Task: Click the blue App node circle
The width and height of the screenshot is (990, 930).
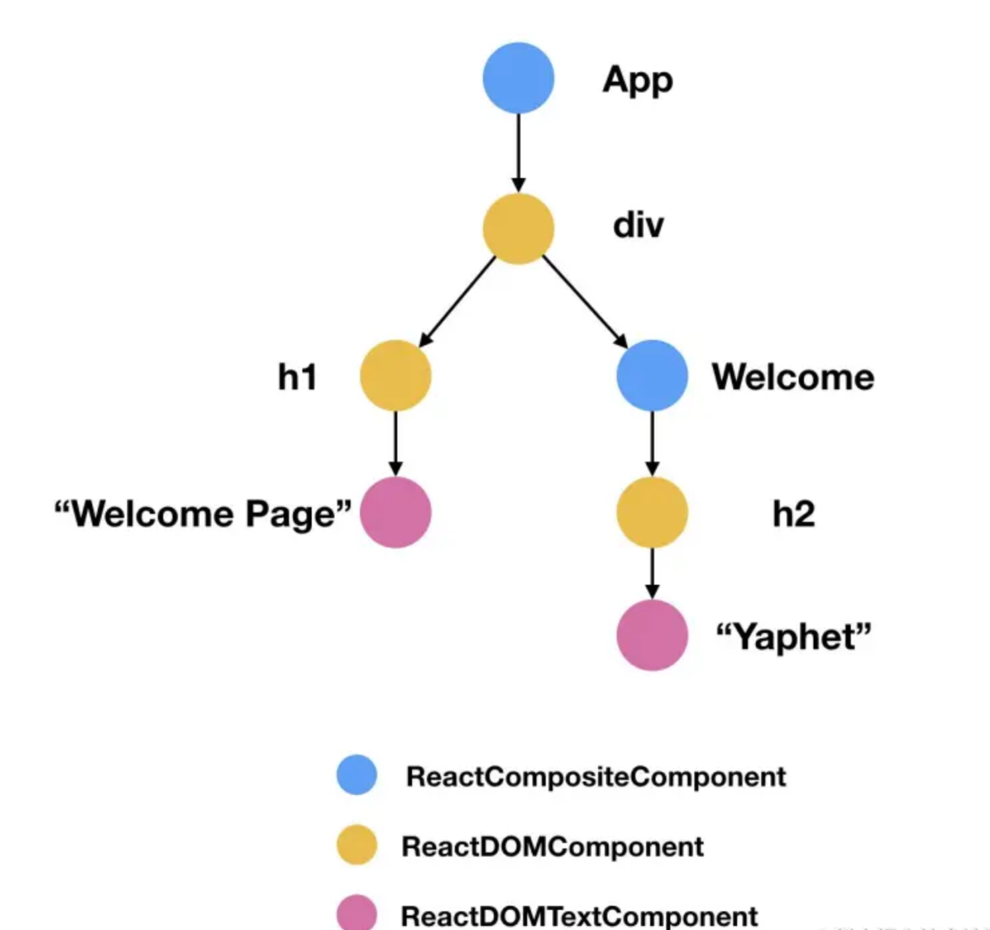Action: pyautogui.click(x=518, y=78)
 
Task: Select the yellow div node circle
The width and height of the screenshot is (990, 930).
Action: pyautogui.click(x=518, y=229)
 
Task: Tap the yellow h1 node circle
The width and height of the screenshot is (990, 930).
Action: pyautogui.click(x=395, y=375)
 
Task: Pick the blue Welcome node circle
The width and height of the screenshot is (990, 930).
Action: pyautogui.click(x=652, y=375)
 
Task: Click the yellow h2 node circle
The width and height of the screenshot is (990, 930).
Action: pyautogui.click(x=652, y=513)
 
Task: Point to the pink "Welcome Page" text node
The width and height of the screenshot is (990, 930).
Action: pyautogui.click(x=395, y=513)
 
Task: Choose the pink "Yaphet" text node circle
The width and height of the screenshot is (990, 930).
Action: pyautogui.click(x=652, y=635)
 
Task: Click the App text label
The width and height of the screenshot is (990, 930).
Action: pyautogui.click(x=637, y=81)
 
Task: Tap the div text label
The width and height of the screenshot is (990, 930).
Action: pyautogui.click(x=638, y=225)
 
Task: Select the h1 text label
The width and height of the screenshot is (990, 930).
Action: pyautogui.click(x=298, y=377)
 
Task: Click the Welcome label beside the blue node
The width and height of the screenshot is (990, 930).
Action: pyautogui.click(x=793, y=377)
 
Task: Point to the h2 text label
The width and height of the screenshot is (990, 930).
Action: pyautogui.click(x=794, y=514)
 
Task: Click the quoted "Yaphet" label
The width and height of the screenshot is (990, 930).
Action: pyautogui.click(x=794, y=636)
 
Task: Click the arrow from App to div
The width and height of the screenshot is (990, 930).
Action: pyautogui.click(x=518, y=153)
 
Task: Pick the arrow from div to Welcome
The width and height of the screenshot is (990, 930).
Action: pyautogui.click(x=585, y=301)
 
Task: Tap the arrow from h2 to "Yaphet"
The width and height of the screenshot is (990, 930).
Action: pyautogui.click(x=652, y=573)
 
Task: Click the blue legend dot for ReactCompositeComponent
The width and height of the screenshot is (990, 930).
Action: pyautogui.click(x=357, y=775)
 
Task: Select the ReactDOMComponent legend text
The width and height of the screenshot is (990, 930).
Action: pyautogui.click(x=553, y=846)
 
